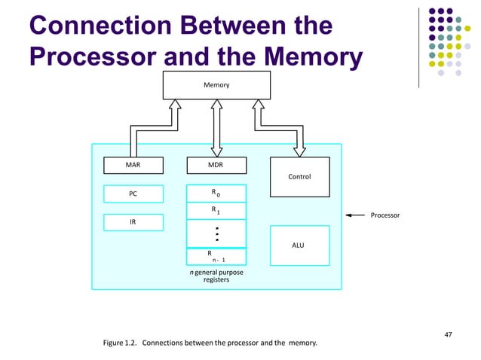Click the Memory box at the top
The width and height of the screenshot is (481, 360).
point(216,85)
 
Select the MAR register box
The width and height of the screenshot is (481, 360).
point(133,165)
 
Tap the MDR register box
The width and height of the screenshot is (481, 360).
point(216,165)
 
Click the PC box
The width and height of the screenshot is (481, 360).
point(133,194)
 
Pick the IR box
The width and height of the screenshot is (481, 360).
point(133,223)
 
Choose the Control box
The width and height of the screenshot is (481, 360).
point(299,177)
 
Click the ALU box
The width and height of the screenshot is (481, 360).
point(299,246)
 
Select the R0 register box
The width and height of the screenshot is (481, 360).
point(216,194)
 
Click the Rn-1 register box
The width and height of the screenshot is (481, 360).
point(216,257)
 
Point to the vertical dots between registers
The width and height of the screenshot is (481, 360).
point(216,233)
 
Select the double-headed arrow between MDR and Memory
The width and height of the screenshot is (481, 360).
point(216,128)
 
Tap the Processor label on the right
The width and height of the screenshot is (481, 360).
point(384,215)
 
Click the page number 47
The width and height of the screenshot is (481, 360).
point(449,333)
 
